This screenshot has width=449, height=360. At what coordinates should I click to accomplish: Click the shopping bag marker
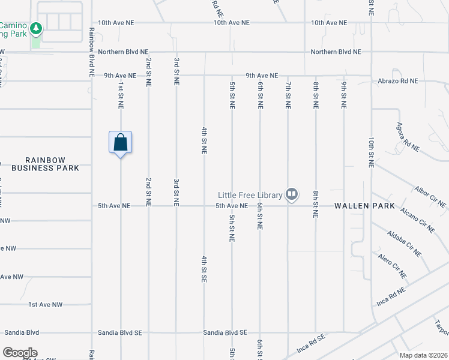[120, 143]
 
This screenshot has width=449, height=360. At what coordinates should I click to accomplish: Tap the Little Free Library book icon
[292, 194]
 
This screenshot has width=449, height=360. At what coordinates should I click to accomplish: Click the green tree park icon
[36, 28]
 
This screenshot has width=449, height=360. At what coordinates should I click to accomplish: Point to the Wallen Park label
[364, 206]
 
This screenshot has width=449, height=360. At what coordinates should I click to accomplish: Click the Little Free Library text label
[250, 194]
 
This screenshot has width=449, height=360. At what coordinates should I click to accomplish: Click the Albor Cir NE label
[430, 197]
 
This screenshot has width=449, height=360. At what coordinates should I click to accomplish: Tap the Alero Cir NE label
[392, 266]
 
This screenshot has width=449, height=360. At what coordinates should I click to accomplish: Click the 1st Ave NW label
[46, 305]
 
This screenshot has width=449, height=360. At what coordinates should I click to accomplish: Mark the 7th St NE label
[288, 95]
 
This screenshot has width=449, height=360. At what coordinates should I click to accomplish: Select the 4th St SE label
[204, 269]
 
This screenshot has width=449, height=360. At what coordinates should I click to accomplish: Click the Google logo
[20, 353]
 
